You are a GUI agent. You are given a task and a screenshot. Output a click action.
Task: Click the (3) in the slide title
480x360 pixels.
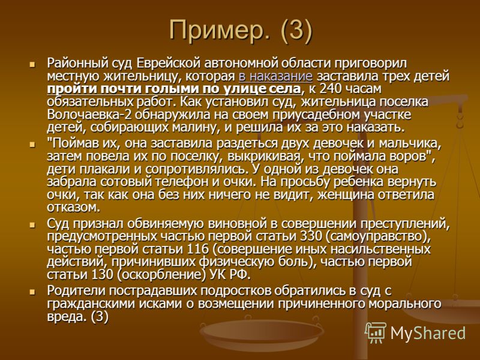pos(296,31)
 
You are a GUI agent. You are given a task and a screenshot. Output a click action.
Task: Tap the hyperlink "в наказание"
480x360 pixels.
pos(275,76)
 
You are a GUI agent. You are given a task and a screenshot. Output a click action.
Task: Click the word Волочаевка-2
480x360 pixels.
pos(89,115)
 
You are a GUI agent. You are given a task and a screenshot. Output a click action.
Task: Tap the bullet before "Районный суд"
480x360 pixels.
pos(32,65)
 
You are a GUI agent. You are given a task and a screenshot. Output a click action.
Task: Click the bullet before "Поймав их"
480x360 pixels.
pos(32,145)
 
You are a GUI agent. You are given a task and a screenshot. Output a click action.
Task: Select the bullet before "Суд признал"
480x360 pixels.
pos(32,225)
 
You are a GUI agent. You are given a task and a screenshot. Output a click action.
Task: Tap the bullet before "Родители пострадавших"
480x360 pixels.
pos(32,292)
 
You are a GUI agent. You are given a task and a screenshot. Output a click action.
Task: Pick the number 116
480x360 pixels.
pos(197,249)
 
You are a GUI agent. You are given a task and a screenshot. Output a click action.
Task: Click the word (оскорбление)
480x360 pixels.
pos(161,275)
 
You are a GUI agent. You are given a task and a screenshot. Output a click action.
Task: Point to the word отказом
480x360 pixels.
pos(74,208)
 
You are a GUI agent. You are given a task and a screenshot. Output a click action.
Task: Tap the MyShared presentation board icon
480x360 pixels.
pos(376,333)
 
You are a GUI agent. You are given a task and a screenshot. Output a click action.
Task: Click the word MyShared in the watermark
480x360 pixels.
pos(428,333)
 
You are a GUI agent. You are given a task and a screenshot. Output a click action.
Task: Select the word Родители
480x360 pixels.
pos(77,290)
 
